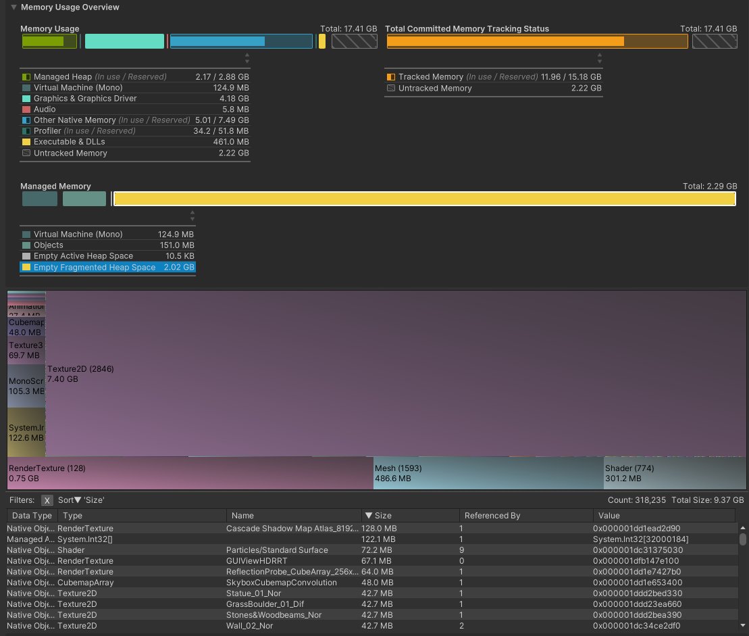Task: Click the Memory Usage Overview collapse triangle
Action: click(x=14, y=7)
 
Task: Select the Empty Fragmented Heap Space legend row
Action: click(x=95, y=268)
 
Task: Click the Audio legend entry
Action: click(x=45, y=109)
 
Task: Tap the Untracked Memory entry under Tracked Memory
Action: click(x=435, y=89)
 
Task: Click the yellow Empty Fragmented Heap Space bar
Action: click(x=424, y=199)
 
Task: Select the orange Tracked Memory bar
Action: click(x=505, y=41)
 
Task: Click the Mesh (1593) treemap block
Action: click(x=488, y=473)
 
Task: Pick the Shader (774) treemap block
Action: click(x=675, y=473)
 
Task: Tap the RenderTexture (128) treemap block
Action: click(x=190, y=473)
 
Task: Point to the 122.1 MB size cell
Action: click(x=379, y=539)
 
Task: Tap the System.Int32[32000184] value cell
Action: click(x=640, y=539)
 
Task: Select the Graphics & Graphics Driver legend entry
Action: click(x=85, y=99)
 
